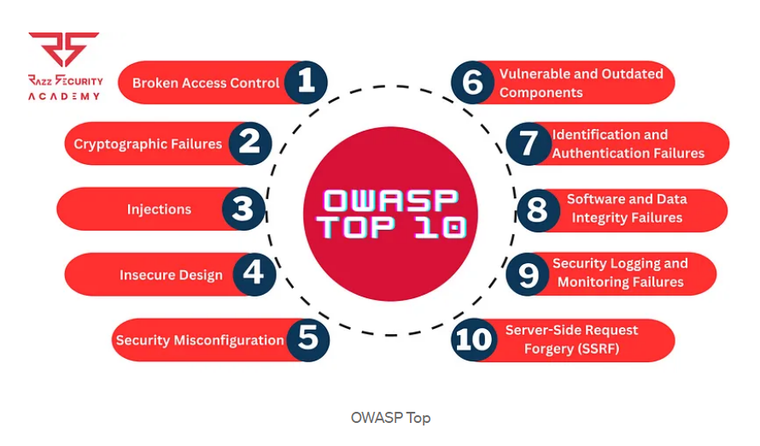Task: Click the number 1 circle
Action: pyautogui.click(x=306, y=83)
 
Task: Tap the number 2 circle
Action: pyautogui.click(x=249, y=143)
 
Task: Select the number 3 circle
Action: pyautogui.click(x=243, y=209)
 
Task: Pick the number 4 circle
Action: pyautogui.click(x=253, y=274)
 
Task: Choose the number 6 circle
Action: pyautogui.click(x=473, y=83)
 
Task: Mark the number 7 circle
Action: pyautogui.click(x=528, y=143)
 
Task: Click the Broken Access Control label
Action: pyautogui.click(x=206, y=83)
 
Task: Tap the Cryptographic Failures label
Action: pyautogui.click(x=148, y=144)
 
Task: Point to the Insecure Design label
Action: pyautogui.click(x=171, y=275)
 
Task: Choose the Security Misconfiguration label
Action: pyautogui.click(x=200, y=340)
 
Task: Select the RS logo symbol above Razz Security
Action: pyautogui.click(x=63, y=50)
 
